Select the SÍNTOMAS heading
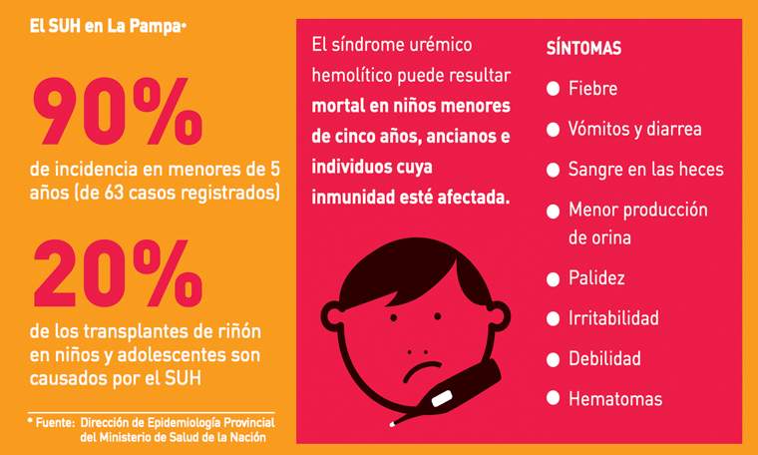[584, 48]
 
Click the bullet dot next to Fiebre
[553, 89]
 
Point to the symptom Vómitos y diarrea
[634, 130]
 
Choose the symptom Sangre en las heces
[645, 170]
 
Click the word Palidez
[596, 278]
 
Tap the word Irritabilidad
[613, 318]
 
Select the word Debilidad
[604, 358]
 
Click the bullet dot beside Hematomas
[553, 398]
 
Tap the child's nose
[416, 354]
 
